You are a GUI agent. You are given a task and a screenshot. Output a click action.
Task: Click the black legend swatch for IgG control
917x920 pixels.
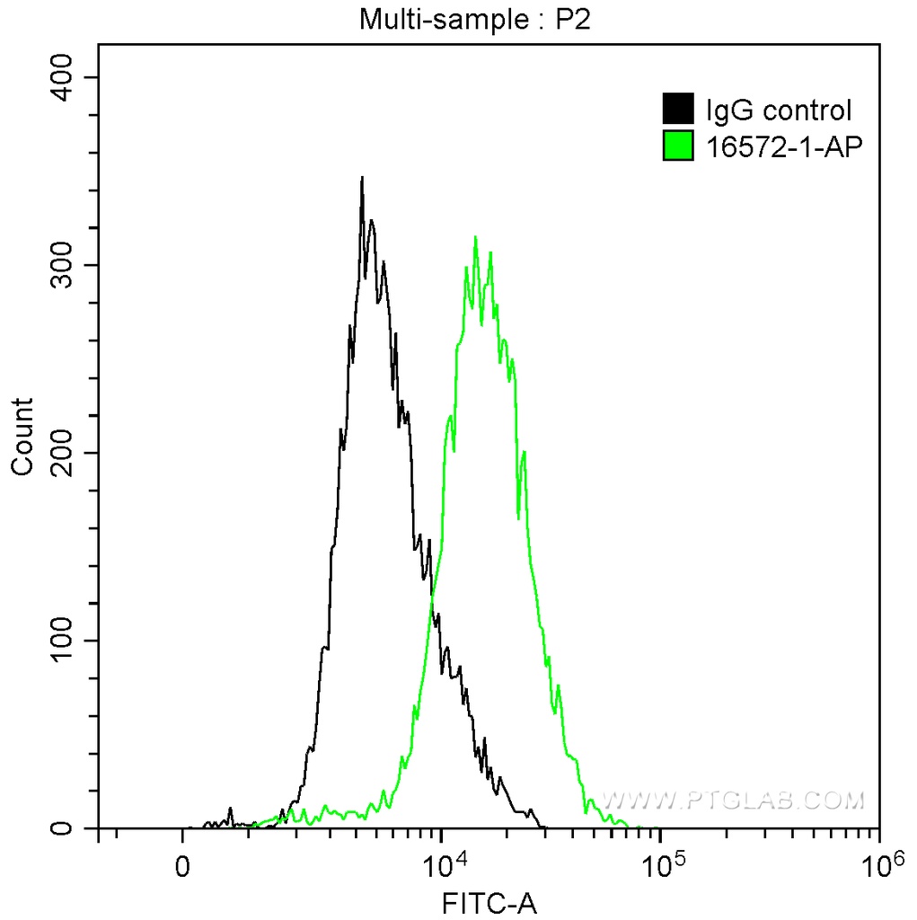(x=678, y=110)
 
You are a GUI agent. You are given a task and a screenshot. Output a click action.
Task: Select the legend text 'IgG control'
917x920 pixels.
(x=778, y=111)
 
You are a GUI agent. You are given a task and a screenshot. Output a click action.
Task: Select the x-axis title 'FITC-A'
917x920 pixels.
(x=489, y=903)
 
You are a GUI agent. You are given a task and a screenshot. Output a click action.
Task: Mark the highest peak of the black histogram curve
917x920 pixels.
(x=362, y=179)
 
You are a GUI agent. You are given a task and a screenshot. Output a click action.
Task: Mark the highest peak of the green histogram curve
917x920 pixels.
(x=475, y=237)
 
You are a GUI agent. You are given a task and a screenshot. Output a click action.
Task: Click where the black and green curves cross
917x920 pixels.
(x=433, y=594)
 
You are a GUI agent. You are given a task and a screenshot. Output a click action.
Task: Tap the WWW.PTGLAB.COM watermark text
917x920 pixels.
(x=732, y=800)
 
